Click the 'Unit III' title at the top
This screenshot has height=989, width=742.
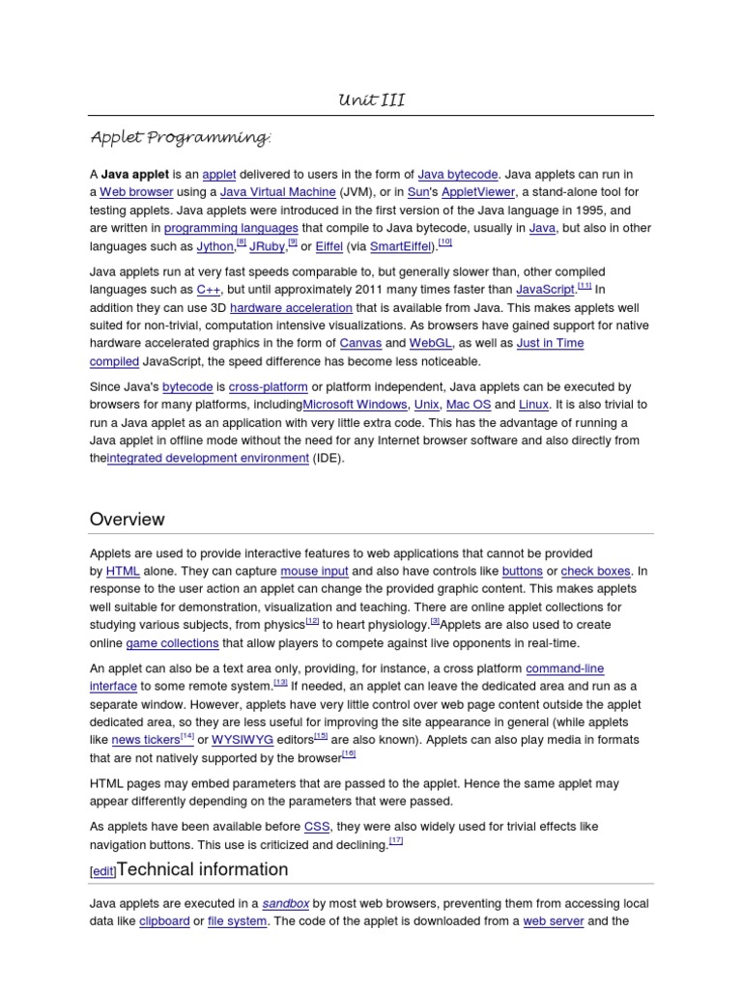(x=371, y=101)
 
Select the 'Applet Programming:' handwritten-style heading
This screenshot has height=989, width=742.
(x=180, y=138)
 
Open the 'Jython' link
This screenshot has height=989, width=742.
(x=215, y=247)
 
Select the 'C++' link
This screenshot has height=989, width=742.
(x=208, y=290)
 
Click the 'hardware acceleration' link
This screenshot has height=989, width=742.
(x=291, y=308)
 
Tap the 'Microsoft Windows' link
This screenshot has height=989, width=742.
(x=356, y=405)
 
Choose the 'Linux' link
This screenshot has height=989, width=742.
(x=533, y=405)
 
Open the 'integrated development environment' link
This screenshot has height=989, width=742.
(x=208, y=459)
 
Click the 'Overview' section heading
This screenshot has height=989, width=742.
(x=128, y=520)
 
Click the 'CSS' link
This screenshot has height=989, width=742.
(x=317, y=827)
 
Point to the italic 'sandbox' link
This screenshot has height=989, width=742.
(x=286, y=904)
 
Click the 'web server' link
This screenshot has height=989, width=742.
(x=553, y=921)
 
